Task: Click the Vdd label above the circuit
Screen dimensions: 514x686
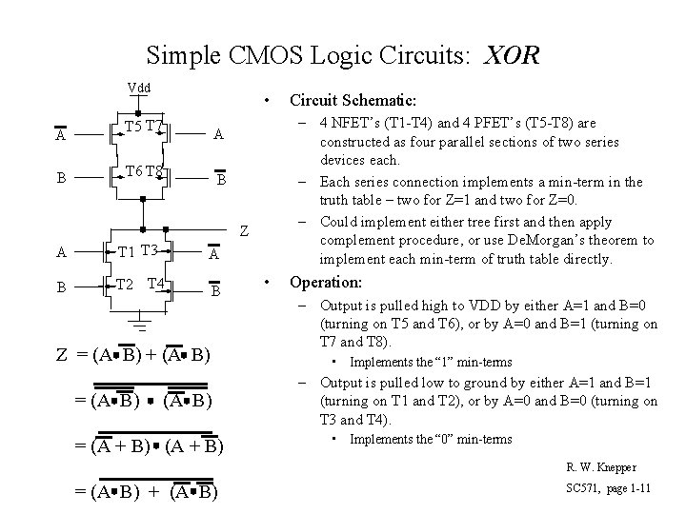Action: pyautogui.click(x=140, y=89)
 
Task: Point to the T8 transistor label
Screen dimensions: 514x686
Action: pyautogui.click(x=155, y=171)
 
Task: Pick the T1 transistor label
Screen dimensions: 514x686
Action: pyautogui.click(x=127, y=251)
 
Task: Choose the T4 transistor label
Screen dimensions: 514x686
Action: pyautogui.click(x=157, y=284)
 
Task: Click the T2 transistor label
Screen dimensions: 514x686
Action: pyautogui.click(x=124, y=284)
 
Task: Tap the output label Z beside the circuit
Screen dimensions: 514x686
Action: pyautogui.click(x=245, y=231)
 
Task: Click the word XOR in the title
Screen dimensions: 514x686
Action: pyautogui.click(x=511, y=54)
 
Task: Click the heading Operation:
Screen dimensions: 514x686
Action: pyautogui.click(x=326, y=283)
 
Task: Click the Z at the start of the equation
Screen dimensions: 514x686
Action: pyautogui.click(x=61, y=357)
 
